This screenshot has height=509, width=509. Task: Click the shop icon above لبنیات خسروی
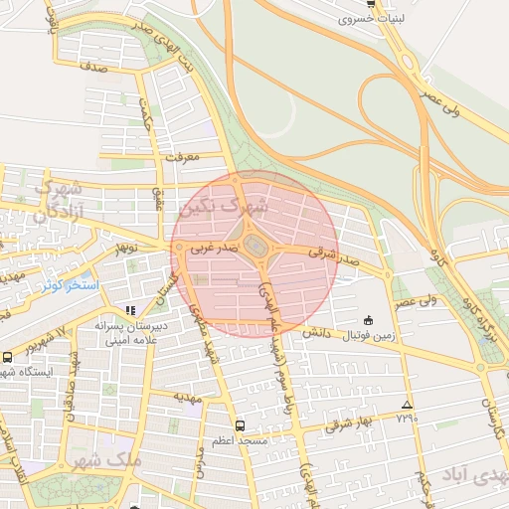coord(370,4)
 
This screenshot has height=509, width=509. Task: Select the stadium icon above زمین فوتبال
coord(369,320)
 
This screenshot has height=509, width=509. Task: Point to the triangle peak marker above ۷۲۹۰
coord(406,405)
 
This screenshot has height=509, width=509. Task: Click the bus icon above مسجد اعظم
coord(239,425)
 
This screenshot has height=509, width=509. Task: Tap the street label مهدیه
coord(189,398)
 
